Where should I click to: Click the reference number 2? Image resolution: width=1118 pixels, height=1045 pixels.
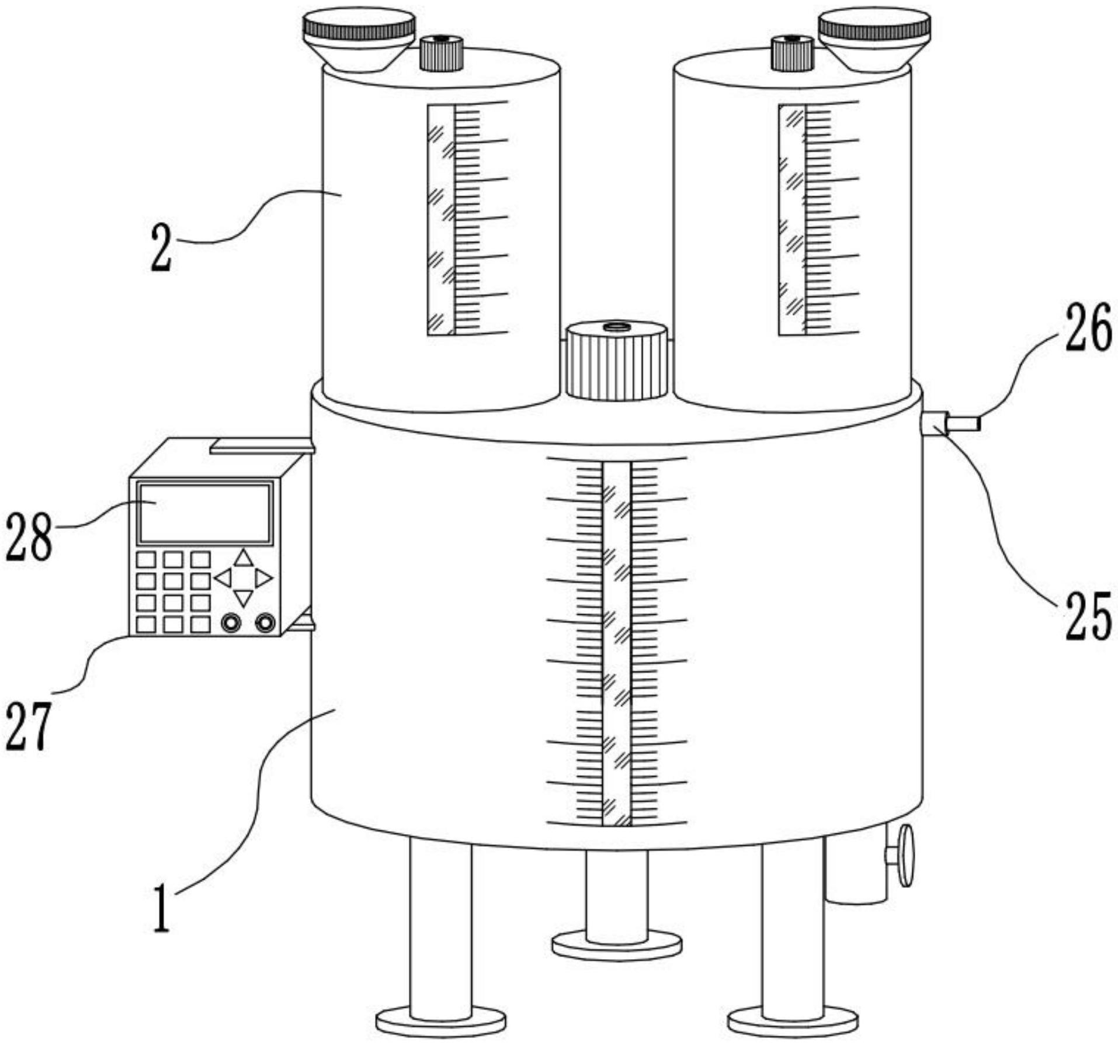pos(161,248)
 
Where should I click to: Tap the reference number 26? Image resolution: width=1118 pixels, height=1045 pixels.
pos(1088,329)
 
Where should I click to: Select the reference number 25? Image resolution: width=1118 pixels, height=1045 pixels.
pos(1088,616)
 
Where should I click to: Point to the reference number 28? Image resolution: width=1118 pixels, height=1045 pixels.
pos(29,539)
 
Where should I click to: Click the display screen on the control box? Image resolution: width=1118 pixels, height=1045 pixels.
pos(205,513)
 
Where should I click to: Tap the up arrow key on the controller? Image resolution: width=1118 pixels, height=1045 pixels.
pos(243,558)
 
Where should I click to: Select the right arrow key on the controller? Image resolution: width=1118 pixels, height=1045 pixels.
pos(263,578)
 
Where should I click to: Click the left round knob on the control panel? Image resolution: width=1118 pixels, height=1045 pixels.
pos(231,623)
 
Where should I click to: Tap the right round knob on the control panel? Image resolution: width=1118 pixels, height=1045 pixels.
pos(265,623)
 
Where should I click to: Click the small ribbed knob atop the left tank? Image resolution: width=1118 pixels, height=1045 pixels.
pos(442,53)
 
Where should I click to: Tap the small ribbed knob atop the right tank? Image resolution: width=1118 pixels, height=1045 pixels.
pos(793,53)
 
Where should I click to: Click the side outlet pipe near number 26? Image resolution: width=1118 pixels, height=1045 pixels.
pos(962,422)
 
